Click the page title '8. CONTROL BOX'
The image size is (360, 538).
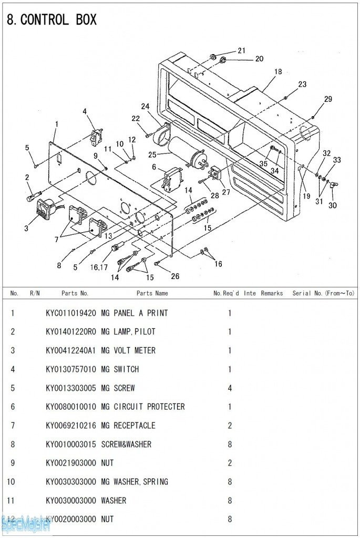(52, 20)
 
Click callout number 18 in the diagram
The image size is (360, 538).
(278, 71)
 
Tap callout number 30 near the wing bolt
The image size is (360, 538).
(333, 205)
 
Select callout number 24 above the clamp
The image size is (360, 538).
(145, 106)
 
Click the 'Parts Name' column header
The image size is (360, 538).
(152, 293)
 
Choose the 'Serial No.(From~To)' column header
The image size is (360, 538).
(323, 293)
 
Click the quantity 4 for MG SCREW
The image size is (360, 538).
(230, 388)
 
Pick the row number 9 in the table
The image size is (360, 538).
(13, 463)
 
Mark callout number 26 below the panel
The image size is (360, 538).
(175, 276)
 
